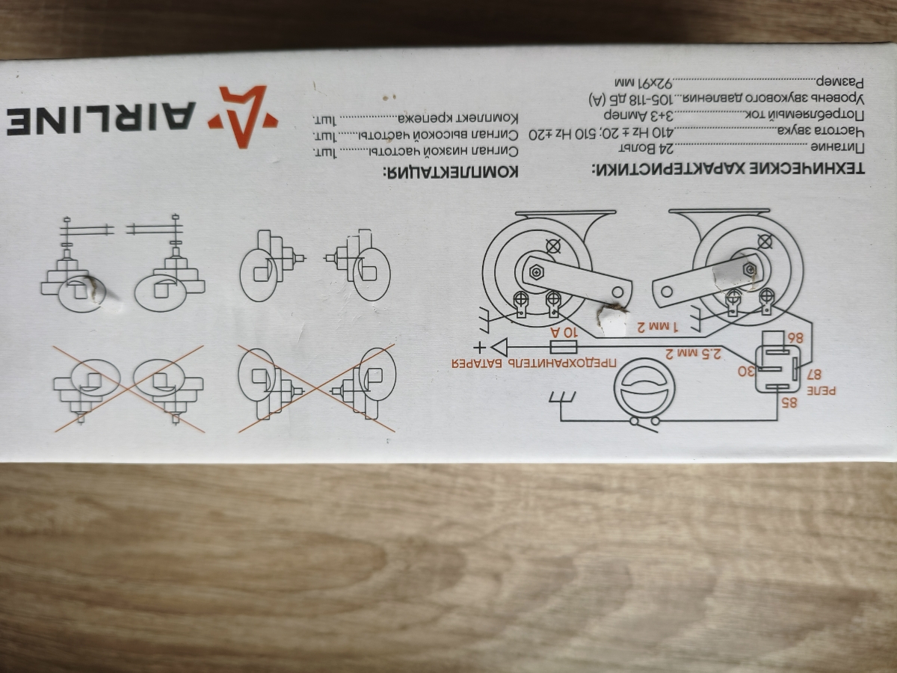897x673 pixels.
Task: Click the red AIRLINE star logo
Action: click(x=242, y=117)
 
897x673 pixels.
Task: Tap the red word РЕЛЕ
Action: click(x=821, y=390)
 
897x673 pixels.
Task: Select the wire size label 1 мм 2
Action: click(x=658, y=327)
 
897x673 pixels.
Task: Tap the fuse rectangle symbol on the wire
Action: click(x=564, y=347)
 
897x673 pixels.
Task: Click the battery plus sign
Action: click(x=479, y=348)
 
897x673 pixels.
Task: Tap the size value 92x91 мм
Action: click(x=644, y=83)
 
